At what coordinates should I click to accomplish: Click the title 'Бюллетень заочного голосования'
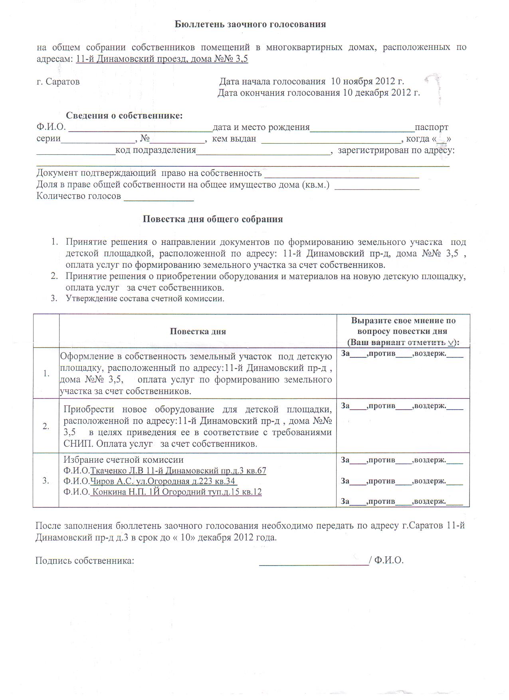click(250, 24)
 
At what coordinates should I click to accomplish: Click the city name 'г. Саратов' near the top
click(58, 82)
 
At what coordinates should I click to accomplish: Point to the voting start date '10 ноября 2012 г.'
click(368, 81)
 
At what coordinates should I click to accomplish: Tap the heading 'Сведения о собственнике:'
click(124, 116)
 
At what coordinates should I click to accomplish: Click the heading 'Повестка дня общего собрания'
click(213, 219)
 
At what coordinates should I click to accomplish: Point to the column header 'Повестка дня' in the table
click(198, 331)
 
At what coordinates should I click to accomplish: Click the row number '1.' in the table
click(46, 373)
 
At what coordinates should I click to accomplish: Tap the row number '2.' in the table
click(46, 426)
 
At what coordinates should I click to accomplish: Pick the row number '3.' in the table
click(46, 480)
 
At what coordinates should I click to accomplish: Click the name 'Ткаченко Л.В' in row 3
click(117, 471)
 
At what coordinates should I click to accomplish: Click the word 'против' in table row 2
click(382, 406)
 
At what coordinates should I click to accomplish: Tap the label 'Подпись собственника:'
click(85, 560)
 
